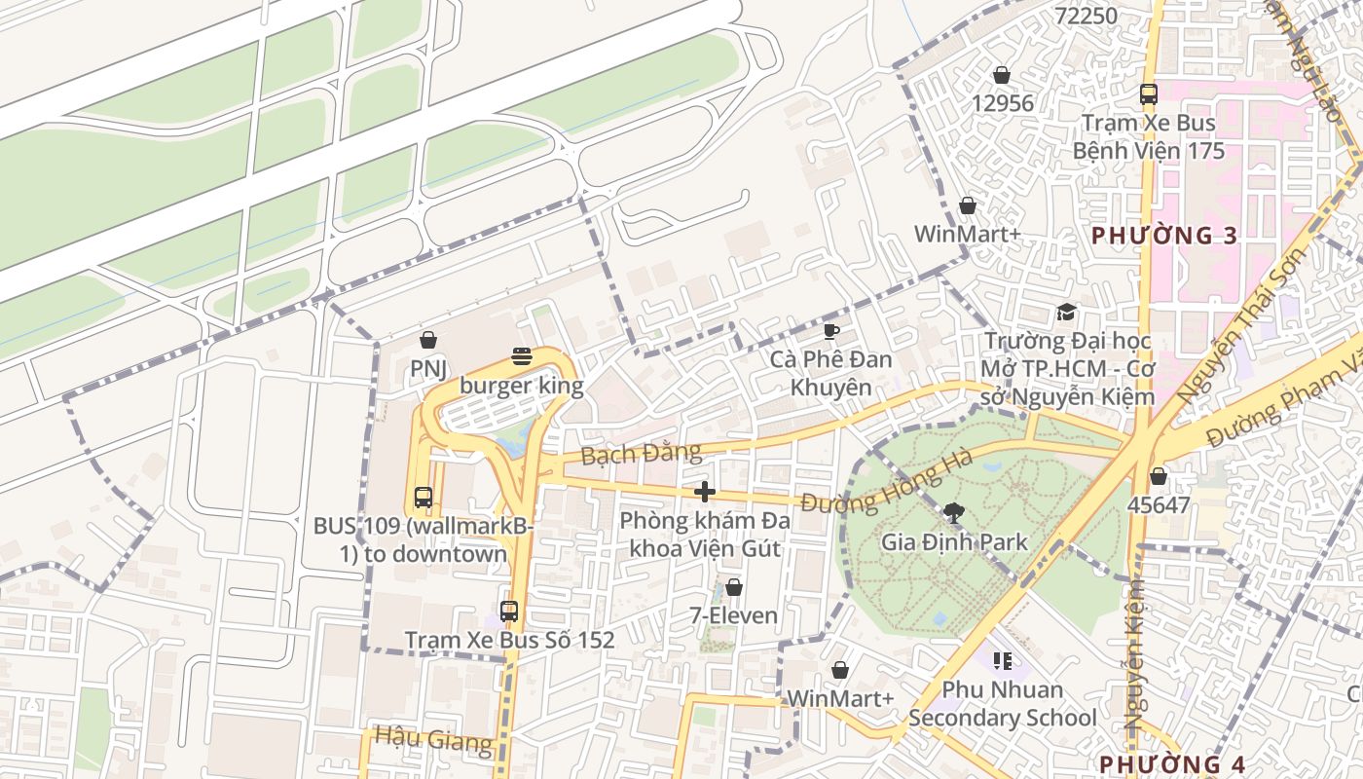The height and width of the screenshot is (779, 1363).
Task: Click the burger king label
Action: [x=522, y=386]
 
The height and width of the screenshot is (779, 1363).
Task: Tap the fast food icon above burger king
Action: [x=522, y=356]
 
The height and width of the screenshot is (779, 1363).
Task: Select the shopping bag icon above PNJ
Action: [x=427, y=340]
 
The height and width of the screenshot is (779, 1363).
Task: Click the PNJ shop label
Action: [x=427, y=368]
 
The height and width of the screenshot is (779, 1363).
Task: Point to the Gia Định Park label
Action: [x=953, y=541]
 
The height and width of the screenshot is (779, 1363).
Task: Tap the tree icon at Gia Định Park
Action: [x=953, y=512]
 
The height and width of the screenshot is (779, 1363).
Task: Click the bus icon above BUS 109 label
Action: [x=423, y=497]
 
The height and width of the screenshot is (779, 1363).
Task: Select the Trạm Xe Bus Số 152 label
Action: [x=509, y=640]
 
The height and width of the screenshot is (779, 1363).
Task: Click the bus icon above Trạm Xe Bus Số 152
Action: [x=509, y=612]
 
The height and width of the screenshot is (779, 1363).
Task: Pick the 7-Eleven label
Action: [x=734, y=615]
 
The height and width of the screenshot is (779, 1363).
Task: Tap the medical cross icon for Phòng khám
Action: [x=705, y=492]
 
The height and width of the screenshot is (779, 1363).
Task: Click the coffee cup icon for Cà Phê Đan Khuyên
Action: [x=830, y=331]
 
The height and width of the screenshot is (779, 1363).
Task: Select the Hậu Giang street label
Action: [x=433, y=740]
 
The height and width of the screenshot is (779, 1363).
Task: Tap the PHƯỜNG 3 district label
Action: [x=1164, y=236]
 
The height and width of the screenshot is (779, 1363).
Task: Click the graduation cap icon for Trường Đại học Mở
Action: [x=1067, y=313]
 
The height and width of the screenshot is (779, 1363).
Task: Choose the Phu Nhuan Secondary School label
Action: [x=1002, y=704]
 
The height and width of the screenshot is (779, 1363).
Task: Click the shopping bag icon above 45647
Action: [x=1158, y=476]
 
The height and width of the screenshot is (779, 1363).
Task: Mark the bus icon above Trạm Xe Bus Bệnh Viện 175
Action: [x=1149, y=94]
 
